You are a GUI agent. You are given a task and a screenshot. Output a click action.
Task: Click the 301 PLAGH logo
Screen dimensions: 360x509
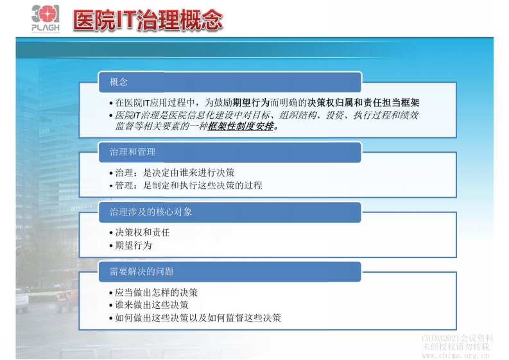[44, 19]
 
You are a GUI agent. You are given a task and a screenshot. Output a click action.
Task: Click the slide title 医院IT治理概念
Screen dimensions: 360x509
[148, 20]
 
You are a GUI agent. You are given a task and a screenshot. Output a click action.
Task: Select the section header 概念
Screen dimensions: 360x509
[119, 81]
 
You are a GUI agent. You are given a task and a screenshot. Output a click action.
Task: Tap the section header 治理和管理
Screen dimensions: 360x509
[132, 152]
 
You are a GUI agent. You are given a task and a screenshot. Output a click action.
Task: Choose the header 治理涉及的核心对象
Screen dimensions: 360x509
[151, 211]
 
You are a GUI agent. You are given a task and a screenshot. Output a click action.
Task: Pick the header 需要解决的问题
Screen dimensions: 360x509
[142, 271]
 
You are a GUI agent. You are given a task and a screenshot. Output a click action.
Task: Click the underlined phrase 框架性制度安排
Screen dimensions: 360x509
[241, 126]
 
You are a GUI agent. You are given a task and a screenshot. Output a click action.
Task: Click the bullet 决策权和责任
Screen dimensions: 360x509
[142, 232]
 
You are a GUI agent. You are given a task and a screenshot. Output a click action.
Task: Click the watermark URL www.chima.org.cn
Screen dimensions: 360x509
[457, 355]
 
